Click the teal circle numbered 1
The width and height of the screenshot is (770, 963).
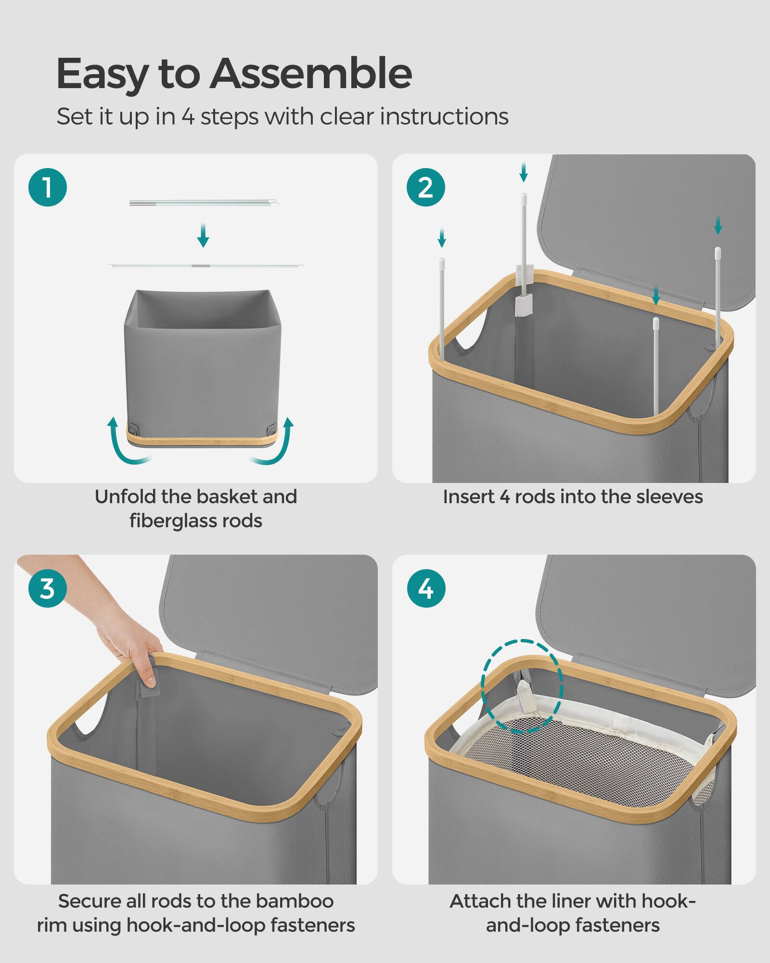pyautogui.click(x=48, y=187)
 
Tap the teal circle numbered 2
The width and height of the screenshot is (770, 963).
pyautogui.click(x=426, y=187)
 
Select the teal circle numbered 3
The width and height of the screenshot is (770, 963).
pyautogui.click(x=48, y=588)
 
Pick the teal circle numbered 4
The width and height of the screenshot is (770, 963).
pyautogui.click(x=426, y=588)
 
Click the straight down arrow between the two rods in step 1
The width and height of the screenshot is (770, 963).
pyautogui.click(x=203, y=235)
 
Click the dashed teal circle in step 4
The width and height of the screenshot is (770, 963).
pyautogui.click(x=522, y=687)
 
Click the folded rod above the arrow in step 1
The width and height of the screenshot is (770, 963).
pyautogui.click(x=204, y=203)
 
